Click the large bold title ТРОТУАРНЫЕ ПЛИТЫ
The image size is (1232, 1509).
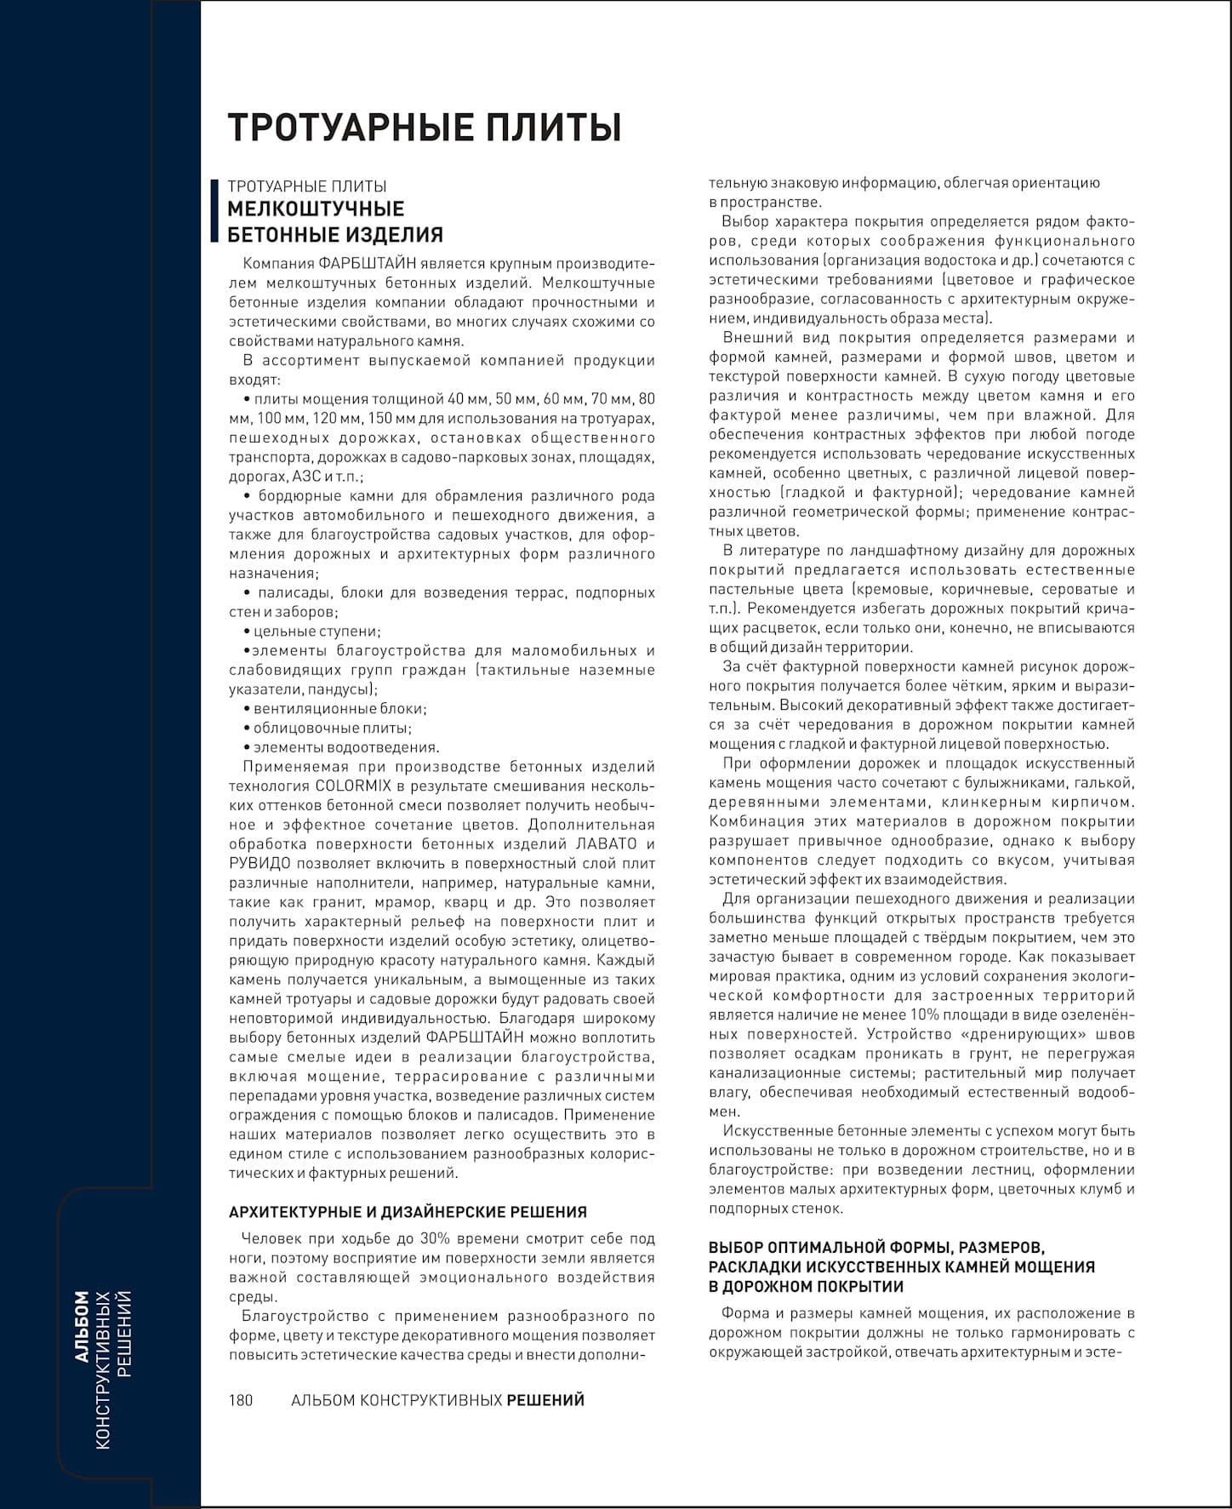coord(424,128)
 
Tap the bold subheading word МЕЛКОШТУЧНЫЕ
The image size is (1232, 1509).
coord(316,209)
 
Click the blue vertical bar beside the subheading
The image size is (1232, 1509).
coord(214,210)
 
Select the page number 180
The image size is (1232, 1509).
coord(241,1400)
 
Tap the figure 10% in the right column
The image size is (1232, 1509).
coord(925,1015)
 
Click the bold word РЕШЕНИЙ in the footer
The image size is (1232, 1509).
coord(545,1400)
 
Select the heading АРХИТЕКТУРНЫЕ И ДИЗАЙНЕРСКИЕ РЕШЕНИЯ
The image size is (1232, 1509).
coord(408,1212)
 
